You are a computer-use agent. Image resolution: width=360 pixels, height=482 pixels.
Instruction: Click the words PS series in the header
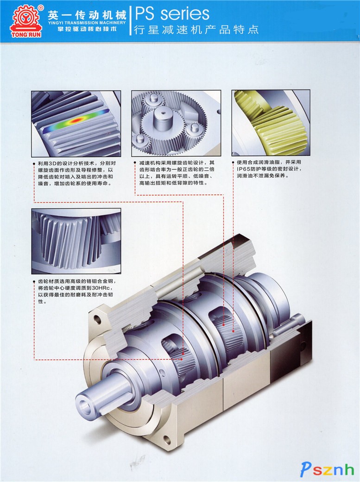[172, 14]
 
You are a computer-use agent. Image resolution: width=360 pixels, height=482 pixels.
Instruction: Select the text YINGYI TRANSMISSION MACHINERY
[87, 23]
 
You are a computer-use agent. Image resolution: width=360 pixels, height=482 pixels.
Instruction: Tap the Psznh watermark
[327, 469]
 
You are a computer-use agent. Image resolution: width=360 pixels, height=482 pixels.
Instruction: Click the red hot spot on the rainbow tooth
[75, 120]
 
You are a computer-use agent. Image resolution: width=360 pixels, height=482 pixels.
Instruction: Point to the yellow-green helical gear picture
[271, 123]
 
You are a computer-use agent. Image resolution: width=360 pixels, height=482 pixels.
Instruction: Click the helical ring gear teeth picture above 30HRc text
[76, 241]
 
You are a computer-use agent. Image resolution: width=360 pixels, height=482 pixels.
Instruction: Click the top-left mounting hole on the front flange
[97, 319]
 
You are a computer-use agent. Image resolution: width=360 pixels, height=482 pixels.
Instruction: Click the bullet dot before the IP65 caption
[233, 162]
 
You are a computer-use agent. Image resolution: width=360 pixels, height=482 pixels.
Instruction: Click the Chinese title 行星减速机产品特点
[196, 30]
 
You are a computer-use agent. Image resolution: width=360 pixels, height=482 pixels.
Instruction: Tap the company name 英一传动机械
[87, 14]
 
